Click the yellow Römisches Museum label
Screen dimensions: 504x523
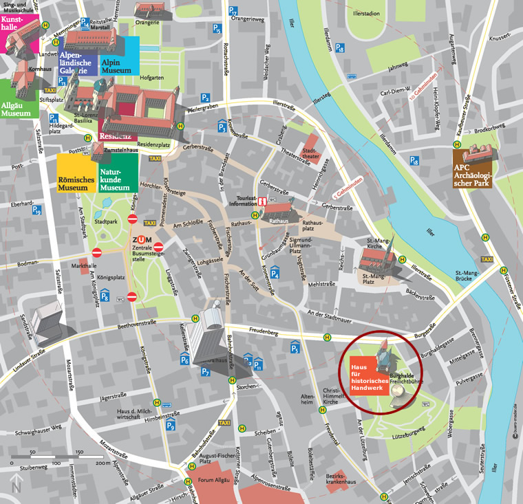click(76, 172)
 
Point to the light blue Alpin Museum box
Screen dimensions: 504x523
click(120, 54)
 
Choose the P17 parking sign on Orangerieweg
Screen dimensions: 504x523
click(233, 12)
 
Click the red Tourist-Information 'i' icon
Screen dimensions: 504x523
click(262, 201)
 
